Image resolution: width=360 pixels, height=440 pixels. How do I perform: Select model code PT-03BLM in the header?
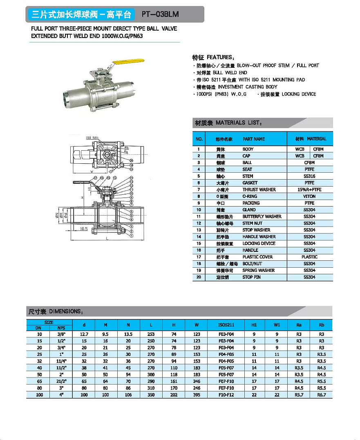coord(160,15)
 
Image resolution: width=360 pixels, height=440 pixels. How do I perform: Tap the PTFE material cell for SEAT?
coord(309,169)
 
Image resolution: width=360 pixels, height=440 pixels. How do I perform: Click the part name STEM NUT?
coord(253,223)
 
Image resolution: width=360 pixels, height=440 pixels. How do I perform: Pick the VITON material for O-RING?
coord(309,196)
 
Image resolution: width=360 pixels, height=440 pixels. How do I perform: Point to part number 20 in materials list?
coord(199,278)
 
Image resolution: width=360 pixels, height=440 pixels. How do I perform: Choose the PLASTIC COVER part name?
coord(257,257)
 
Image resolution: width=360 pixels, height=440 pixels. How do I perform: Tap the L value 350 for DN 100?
coord(151,395)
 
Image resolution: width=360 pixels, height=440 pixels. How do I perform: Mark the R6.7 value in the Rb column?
coord(321,395)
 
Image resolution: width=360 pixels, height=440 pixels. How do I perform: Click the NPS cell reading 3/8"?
coord(61,334)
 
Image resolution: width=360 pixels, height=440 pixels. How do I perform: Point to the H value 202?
coord(174,395)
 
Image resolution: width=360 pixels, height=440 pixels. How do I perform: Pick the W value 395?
coord(197,395)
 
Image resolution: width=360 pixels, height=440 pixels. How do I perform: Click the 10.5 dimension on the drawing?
coord(84,229)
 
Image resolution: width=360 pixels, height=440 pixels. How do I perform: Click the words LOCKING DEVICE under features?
coord(299,94)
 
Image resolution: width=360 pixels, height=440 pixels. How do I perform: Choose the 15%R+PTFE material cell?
coord(309,190)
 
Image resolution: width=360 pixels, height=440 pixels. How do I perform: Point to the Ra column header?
coord(299,325)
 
